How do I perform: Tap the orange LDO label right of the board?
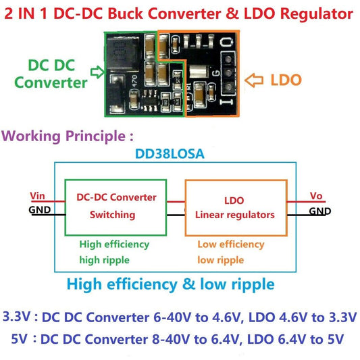click(286, 80)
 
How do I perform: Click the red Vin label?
click(38, 197)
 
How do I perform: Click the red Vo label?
click(316, 197)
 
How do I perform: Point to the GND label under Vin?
click(39, 209)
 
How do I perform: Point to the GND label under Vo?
click(320, 211)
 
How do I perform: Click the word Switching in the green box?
click(112, 215)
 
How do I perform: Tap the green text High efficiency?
click(114, 244)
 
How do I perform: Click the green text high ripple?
click(105, 259)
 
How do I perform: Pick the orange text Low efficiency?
click(230, 244)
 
